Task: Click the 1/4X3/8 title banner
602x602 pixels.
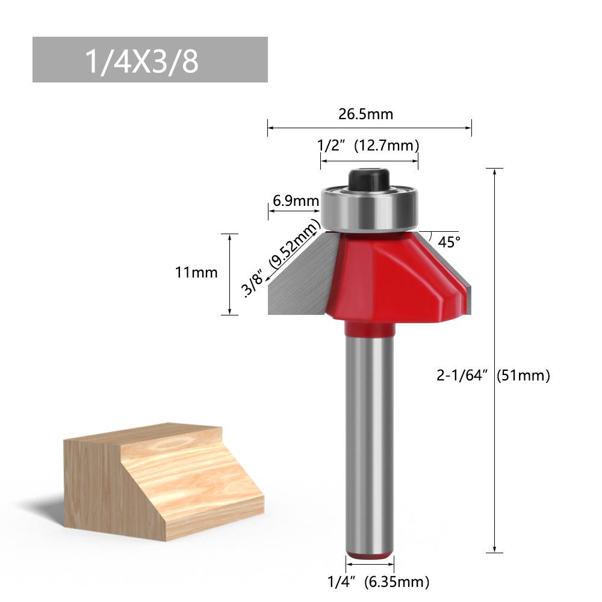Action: (150, 60)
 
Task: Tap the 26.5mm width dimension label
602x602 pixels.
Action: (365, 114)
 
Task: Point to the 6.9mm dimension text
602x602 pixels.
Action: (296, 201)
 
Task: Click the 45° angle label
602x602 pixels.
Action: (449, 242)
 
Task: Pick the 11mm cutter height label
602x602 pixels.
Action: (196, 272)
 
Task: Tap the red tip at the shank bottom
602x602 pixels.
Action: (369, 556)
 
